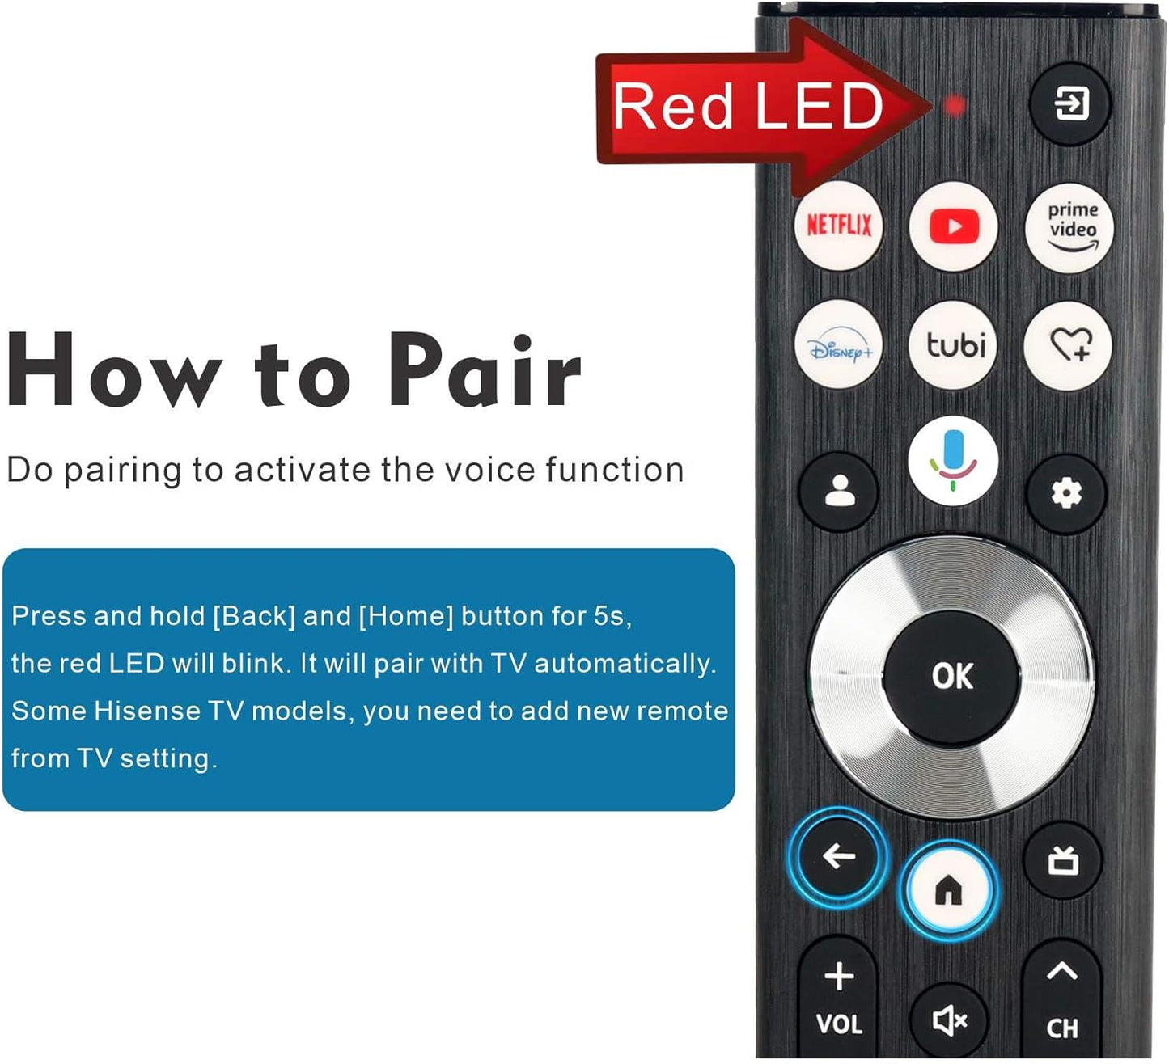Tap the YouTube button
tap(953, 227)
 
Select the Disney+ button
tap(839, 345)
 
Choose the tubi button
tap(955, 345)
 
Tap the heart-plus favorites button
tap(1069, 345)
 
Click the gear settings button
tap(1066, 492)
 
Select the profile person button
tap(839, 492)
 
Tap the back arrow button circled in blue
tap(838, 855)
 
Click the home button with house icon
tap(948, 889)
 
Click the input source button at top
tap(1070, 104)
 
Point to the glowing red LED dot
tap(955, 105)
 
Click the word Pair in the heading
tap(484, 373)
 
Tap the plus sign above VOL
tap(839, 976)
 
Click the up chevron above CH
tap(1061, 970)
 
